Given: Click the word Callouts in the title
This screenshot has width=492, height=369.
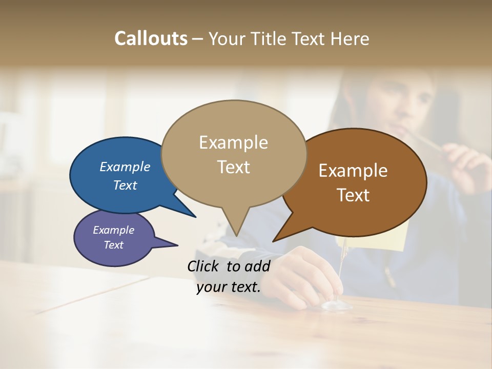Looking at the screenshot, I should tap(151, 38).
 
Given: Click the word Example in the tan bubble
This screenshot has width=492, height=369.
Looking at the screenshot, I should tap(234, 142).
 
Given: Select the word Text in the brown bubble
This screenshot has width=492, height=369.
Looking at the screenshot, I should tap(353, 195).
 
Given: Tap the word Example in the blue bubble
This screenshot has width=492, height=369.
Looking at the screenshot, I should tap(125, 167).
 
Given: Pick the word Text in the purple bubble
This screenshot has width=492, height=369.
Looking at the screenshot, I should tap(114, 245).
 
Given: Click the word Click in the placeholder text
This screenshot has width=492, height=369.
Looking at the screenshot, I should tap(204, 266).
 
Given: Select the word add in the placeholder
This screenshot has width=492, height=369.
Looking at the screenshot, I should tap(257, 266).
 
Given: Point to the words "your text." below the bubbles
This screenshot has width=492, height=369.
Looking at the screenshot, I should tap(229, 287).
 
